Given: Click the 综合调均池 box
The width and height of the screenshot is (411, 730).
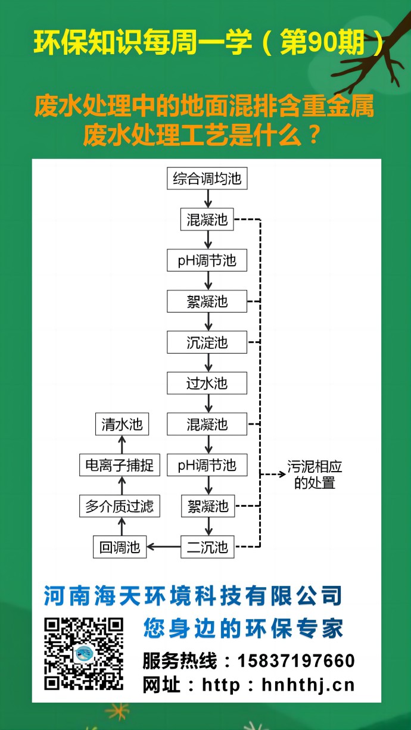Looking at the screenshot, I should click(207, 179).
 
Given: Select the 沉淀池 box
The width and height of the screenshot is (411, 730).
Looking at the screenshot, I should click(207, 342).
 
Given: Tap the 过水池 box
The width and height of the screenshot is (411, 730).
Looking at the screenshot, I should click(207, 383).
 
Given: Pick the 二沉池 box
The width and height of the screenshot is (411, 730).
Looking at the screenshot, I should click(207, 547).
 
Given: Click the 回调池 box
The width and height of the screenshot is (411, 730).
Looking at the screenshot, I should click(120, 547).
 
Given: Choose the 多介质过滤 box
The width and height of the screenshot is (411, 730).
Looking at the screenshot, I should click(120, 506).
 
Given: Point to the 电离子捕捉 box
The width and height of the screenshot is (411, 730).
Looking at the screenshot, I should click(120, 465).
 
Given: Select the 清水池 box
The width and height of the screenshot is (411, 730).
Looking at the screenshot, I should click(122, 425).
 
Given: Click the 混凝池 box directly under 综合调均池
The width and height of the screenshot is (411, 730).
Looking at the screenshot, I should click(207, 220).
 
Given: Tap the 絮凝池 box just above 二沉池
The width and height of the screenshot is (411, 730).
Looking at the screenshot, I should click(207, 506).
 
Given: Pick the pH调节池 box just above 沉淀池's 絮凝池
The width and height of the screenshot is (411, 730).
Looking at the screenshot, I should click(207, 261).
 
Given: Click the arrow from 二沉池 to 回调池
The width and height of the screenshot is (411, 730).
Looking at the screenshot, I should click(163, 547).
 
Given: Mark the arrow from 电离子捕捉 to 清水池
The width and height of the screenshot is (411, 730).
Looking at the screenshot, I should click(122, 445).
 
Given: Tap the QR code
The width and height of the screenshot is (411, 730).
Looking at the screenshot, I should click(84, 654).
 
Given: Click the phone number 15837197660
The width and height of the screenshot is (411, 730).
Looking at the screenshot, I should click(296, 660).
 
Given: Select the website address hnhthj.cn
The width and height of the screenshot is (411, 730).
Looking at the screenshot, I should click(308, 685).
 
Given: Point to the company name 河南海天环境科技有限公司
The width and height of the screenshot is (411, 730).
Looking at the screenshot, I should click(193, 595).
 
